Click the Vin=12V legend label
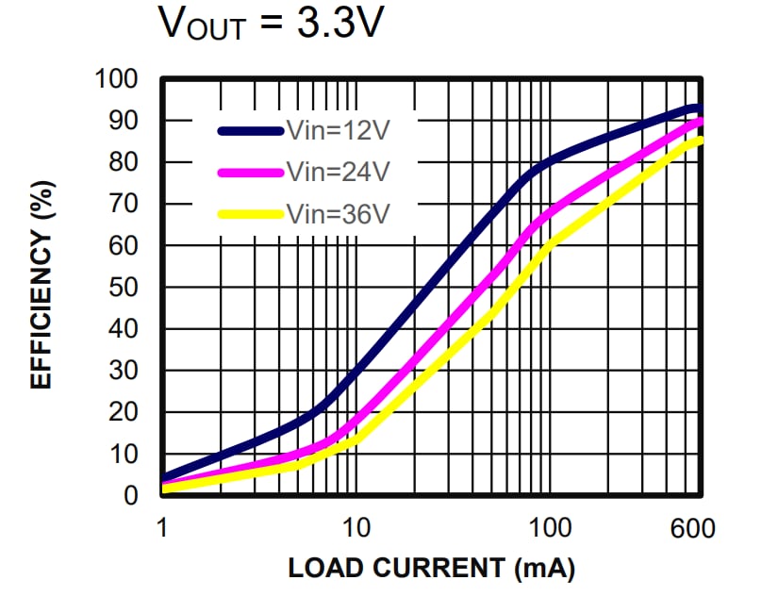[337, 131]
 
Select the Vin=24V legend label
[337, 172]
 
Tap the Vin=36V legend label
[337, 213]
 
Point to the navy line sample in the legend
[251, 131]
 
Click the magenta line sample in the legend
[251, 172]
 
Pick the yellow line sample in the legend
[251, 213]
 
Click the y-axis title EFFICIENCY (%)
[41, 287]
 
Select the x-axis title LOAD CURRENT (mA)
[431, 569]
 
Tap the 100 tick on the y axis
[118, 79]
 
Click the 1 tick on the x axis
[162, 527]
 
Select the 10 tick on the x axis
[355, 527]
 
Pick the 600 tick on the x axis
[693, 527]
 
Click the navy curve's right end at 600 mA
[698, 108]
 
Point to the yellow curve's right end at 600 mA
[699, 141]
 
